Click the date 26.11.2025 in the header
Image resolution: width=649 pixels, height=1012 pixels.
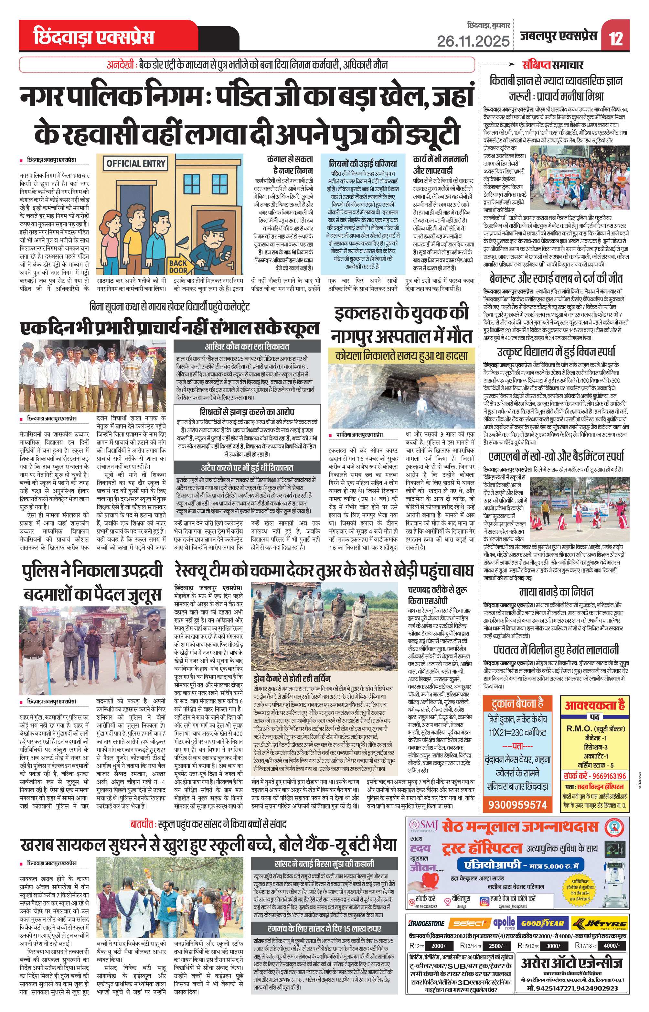[473, 41]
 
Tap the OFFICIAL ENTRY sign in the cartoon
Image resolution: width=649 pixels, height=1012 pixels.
[136, 164]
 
